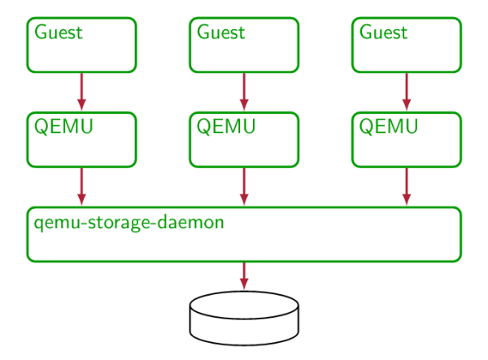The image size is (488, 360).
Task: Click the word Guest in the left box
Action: point(59,33)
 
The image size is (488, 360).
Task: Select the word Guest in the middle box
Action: point(220,33)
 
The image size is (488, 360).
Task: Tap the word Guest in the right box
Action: point(383,33)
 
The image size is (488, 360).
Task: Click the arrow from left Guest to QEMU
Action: point(81,91)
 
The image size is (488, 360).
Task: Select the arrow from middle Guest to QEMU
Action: point(244,91)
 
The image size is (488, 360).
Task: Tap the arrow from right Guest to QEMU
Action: point(407,91)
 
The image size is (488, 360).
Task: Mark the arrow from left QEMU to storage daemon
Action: point(81,186)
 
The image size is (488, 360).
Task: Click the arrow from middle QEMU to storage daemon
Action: point(244,186)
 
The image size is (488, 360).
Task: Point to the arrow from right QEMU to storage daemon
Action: point(407,186)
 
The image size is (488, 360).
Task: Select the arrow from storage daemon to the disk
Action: point(244,275)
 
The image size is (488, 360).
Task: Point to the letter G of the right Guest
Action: point(366,33)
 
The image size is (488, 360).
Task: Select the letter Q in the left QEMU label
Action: point(41,128)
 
